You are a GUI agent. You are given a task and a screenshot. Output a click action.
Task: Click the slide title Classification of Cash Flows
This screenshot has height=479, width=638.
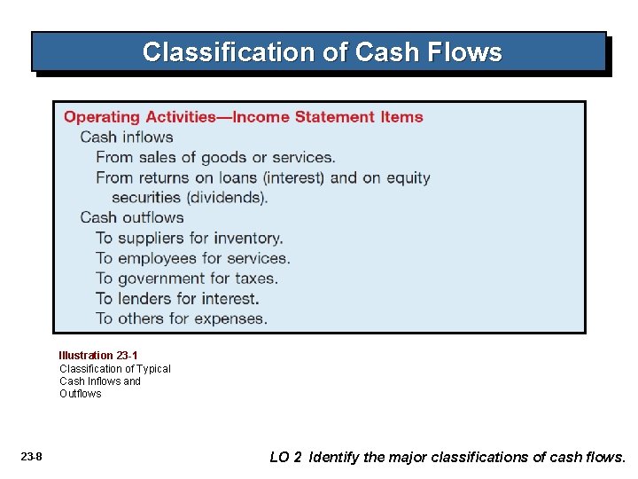pyautogui.click(x=322, y=52)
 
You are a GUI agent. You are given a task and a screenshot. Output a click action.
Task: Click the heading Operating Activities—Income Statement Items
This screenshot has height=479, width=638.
pyautogui.click(x=244, y=117)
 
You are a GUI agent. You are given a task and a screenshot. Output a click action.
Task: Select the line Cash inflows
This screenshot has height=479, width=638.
pyautogui.click(x=127, y=137)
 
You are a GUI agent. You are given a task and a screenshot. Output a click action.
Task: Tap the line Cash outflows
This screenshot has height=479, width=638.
pyautogui.click(x=132, y=218)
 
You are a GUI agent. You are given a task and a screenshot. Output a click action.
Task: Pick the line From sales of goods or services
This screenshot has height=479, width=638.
pyautogui.click(x=215, y=158)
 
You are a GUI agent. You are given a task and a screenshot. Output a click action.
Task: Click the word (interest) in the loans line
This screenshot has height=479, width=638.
pyautogui.click(x=294, y=177)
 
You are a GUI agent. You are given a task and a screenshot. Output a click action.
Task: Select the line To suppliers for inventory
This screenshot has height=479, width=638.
pyautogui.click(x=190, y=238)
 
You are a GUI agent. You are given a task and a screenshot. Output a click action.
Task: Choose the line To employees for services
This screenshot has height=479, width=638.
pyautogui.click(x=193, y=258)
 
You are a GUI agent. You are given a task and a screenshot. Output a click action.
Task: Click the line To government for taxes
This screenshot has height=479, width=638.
pyautogui.click(x=187, y=279)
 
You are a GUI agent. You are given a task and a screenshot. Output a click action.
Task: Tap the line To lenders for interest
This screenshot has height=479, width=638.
pyautogui.click(x=177, y=299)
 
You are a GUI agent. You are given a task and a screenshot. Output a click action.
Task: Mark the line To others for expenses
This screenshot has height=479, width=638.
pyautogui.click(x=182, y=318)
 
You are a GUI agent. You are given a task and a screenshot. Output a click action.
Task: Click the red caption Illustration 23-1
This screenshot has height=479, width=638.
pyautogui.click(x=98, y=356)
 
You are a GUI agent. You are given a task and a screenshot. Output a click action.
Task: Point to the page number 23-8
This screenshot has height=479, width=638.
pyautogui.click(x=31, y=458)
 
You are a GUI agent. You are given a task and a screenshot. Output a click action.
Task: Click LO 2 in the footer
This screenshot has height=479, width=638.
pyautogui.click(x=285, y=458)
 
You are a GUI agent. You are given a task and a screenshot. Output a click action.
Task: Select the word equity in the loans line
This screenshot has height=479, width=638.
pyautogui.click(x=408, y=177)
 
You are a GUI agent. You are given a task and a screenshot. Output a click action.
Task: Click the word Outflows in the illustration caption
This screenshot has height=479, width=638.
pyautogui.click(x=81, y=394)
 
